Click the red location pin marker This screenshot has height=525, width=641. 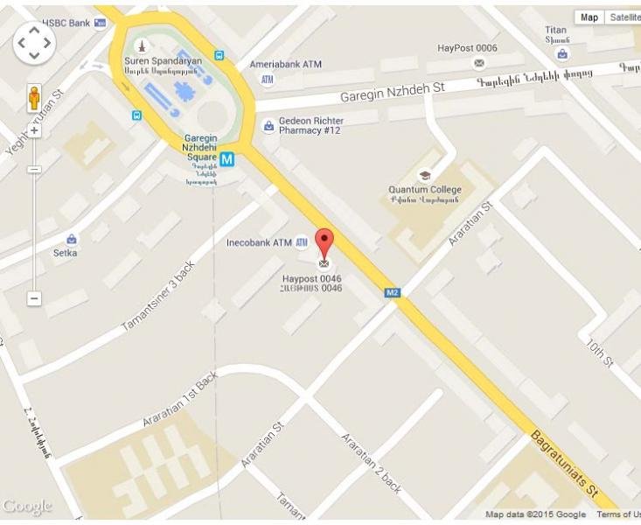[324, 241]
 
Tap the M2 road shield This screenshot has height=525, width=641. [393, 293]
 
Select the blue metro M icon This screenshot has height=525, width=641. [227, 159]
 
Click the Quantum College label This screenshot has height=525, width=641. [424, 190]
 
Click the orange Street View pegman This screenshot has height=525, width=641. [34, 96]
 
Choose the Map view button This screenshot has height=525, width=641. [589, 17]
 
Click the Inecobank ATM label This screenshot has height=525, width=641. [258, 242]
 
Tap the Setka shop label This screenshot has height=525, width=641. [66, 253]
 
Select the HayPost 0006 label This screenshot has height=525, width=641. [467, 48]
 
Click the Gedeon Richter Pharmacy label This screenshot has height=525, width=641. [310, 126]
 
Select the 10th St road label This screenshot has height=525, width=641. [601, 352]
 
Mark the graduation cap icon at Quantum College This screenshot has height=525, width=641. [425, 175]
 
